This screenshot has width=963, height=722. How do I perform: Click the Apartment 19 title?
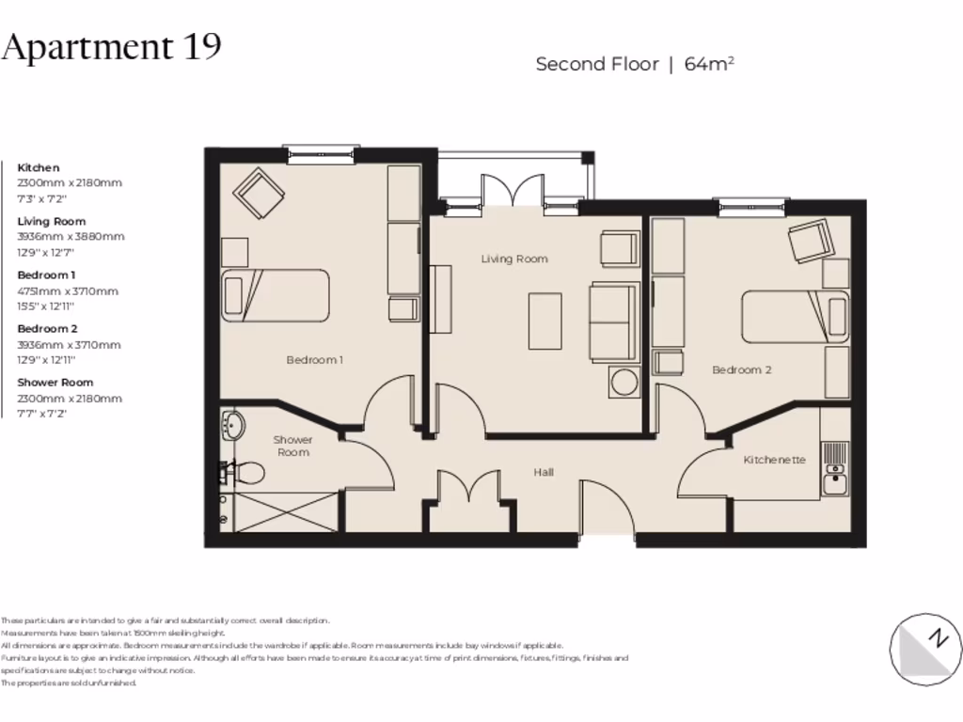[x=111, y=46]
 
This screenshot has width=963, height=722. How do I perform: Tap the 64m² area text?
[x=709, y=64]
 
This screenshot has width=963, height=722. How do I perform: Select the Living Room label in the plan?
[x=513, y=259]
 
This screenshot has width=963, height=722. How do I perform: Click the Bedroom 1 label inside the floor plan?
[x=314, y=359]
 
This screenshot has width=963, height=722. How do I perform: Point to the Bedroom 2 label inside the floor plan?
[x=741, y=369]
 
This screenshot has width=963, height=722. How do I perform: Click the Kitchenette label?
[x=774, y=460]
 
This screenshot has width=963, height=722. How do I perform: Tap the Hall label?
[x=544, y=472]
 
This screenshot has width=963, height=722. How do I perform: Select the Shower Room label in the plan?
[x=292, y=446]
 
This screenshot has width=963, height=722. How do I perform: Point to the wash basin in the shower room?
[x=231, y=426]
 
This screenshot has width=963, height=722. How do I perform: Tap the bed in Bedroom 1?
[x=275, y=296]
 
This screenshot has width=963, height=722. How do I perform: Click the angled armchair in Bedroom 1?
[x=260, y=192]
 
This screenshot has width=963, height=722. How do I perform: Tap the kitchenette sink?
[x=833, y=483]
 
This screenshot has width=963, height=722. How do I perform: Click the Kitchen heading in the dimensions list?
[x=39, y=167]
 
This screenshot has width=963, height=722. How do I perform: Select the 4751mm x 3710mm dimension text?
[x=68, y=291]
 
